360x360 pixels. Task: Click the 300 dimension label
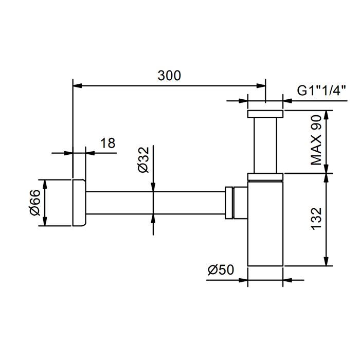click(x=169, y=75)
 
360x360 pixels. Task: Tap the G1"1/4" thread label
click(x=321, y=90)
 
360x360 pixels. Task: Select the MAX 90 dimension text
click(x=316, y=140)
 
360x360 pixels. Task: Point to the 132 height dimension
click(x=316, y=219)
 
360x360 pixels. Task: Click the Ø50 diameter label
click(x=221, y=269)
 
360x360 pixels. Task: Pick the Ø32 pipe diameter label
click(x=143, y=160)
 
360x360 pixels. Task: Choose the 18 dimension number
click(x=107, y=143)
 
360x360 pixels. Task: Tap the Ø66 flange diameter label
click(x=35, y=203)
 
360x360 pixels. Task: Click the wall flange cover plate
click(x=79, y=203)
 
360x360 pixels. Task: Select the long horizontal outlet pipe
click(x=155, y=203)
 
